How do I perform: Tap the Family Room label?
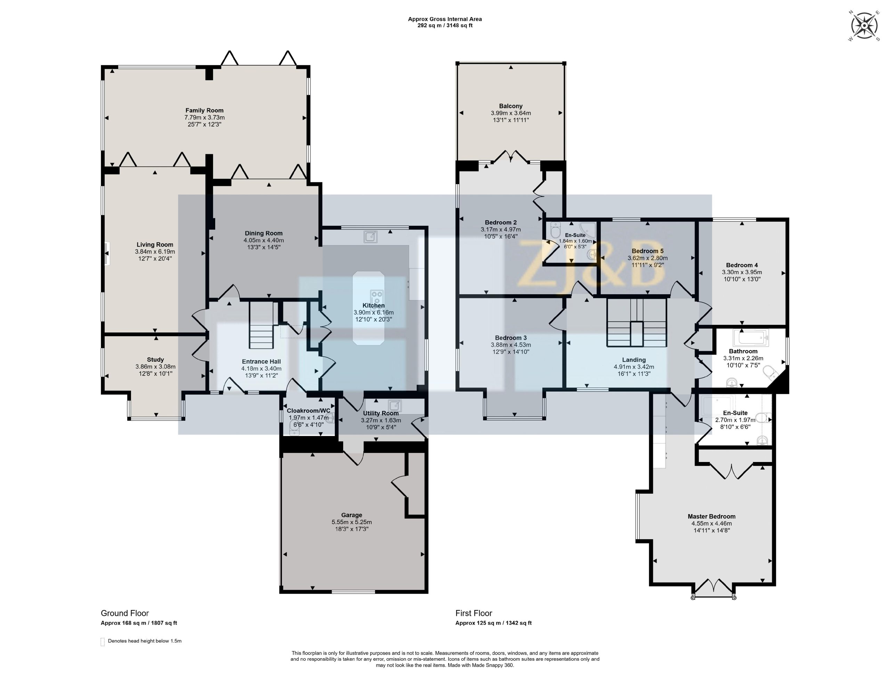(x=204, y=110)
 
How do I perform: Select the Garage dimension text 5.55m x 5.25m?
(x=351, y=522)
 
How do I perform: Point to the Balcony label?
(x=511, y=106)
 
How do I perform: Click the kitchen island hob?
(x=377, y=297)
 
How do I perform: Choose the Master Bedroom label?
(x=712, y=516)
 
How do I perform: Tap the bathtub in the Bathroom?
(x=751, y=338)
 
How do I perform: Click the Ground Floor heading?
(x=125, y=613)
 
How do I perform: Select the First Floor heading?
(x=474, y=613)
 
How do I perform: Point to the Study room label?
(x=155, y=360)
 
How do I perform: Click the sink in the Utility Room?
(x=395, y=405)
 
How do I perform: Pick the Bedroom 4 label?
(x=742, y=265)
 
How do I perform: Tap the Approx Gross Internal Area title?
(x=445, y=19)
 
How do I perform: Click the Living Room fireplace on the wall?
(x=107, y=254)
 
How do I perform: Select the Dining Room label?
(x=264, y=233)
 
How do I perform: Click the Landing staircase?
(x=636, y=323)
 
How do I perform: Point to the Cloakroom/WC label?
(x=308, y=411)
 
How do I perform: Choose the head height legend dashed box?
(x=103, y=642)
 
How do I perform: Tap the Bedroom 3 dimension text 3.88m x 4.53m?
(x=511, y=345)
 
